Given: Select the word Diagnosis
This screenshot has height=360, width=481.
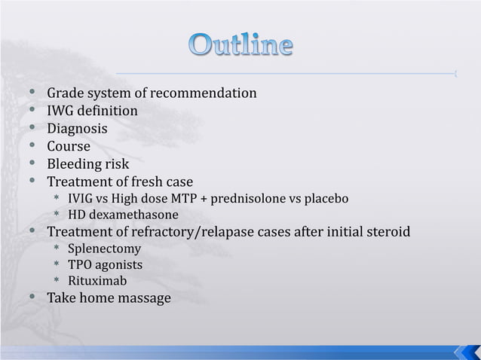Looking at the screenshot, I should [x=78, y=129].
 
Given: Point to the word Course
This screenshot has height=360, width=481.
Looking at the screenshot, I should [x=69, y=146].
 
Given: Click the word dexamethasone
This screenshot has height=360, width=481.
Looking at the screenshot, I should [x=133, y=215].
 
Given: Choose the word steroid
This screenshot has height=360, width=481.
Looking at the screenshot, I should [x=388, y=231].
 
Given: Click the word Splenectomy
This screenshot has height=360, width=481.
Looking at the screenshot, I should [x=104, y=249].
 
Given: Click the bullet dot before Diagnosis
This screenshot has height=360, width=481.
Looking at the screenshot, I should [x=32, y=129].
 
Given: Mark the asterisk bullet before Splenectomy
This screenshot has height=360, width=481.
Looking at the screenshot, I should [x=56, y=249].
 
